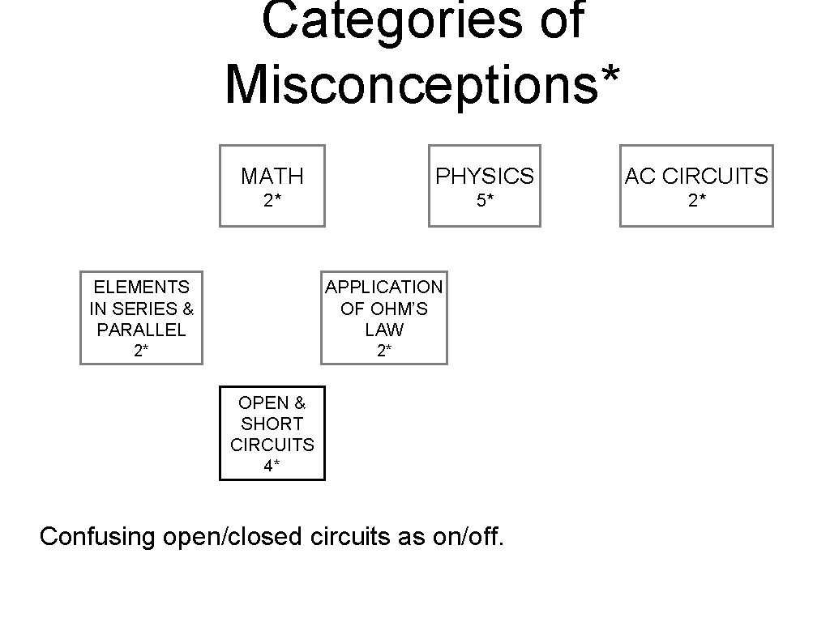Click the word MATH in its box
(x=272, y=176)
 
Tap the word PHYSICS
(x=485, y=176)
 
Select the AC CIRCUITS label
(x=696, y=176)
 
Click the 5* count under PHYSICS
(x=485, y=201)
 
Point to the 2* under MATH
(x=272, y=201)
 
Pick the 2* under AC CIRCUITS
(x=696, y=201)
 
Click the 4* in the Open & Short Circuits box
(x=272, y=466)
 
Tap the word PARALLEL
(x=141, y=330)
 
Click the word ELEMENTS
(x=141, y=287)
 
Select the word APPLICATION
(x=384, y=287)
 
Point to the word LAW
(x=384, y=330)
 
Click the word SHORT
(x=272, y=424)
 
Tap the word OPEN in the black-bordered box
(x=261, y=403)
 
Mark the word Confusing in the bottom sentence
(x=97, y=536)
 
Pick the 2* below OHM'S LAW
(x=384, y=351)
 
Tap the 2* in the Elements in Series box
(x=141, y=351)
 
